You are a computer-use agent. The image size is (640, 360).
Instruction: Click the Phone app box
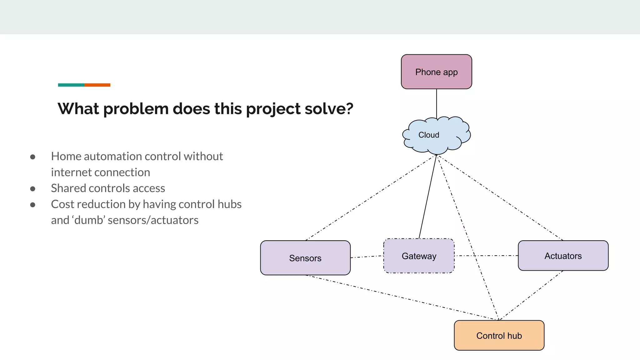coord(436,72)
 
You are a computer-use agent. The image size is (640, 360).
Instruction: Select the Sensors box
coord(305,258)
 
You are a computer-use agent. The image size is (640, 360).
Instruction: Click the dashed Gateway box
coord(419,256)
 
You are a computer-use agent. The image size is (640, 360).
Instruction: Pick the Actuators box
coord(563,256)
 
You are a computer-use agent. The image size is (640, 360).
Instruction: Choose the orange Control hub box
coord(499,335)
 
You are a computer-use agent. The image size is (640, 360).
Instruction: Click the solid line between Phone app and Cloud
coord(437,103)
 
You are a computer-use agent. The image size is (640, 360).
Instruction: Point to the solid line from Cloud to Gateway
coord(427,197)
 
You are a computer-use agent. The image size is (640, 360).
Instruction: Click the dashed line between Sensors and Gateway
coord(367,257)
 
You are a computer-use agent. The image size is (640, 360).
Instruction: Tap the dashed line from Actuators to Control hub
coord(531,295)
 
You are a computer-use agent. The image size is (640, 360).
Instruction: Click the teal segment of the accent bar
coord(71,85)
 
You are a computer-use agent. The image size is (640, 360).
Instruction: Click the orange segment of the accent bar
coord(97,85)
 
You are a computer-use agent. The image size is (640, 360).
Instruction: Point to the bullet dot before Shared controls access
coord(33,189)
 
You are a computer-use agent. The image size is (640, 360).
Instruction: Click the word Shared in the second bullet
coord(68,188)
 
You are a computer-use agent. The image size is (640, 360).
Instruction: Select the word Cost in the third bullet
coord(62,204)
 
